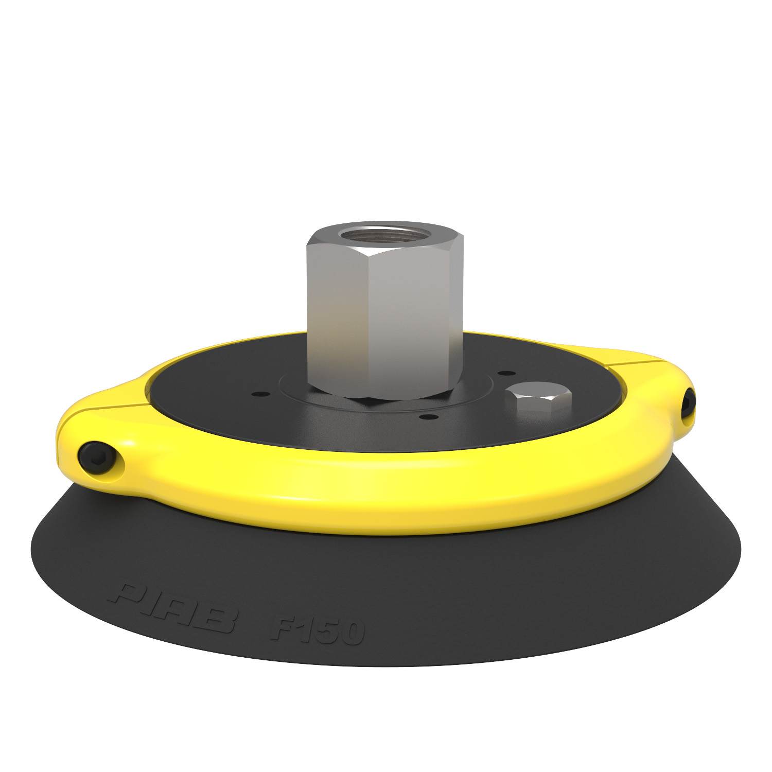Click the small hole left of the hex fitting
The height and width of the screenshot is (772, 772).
[258, 394]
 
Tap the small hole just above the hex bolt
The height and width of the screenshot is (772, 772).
[507, 373]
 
